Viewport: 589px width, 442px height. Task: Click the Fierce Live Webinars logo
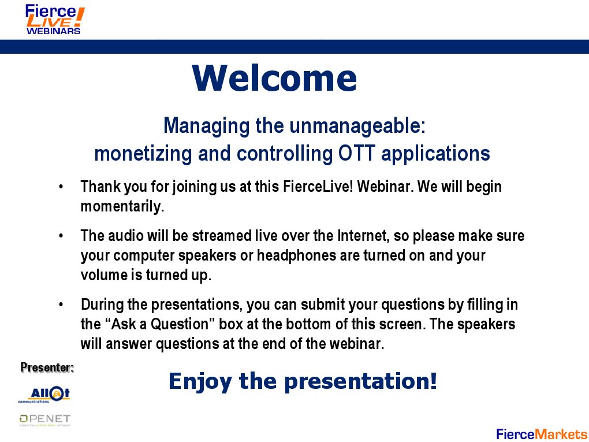pyautogui.click(x=55, y=20)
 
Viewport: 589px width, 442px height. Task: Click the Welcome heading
pyautogui.click(x=274, y=78)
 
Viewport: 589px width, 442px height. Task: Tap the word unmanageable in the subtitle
pyautogui.click(x=357, y=126)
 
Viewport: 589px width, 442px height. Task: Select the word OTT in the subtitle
pyautogui.click(x=357, y=153)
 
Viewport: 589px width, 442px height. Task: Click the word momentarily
pyautogui.click(x=122, y=206)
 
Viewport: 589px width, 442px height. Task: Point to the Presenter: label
pyautogui.click(x=47, y=367)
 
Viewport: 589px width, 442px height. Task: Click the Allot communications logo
pyautogui.click(x=44, y=395)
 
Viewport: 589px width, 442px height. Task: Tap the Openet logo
pyautogui.click(x=45, y=420)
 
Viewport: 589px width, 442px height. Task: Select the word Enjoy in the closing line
pyautogui.click(x=200, y=382)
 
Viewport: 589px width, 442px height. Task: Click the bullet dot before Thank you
pyautogui.click(x=61, y=187)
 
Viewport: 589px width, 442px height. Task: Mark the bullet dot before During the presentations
pyautogui.click(x=61, y=304)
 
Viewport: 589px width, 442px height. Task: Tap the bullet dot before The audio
pyautogui.click(x=61, y=236)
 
